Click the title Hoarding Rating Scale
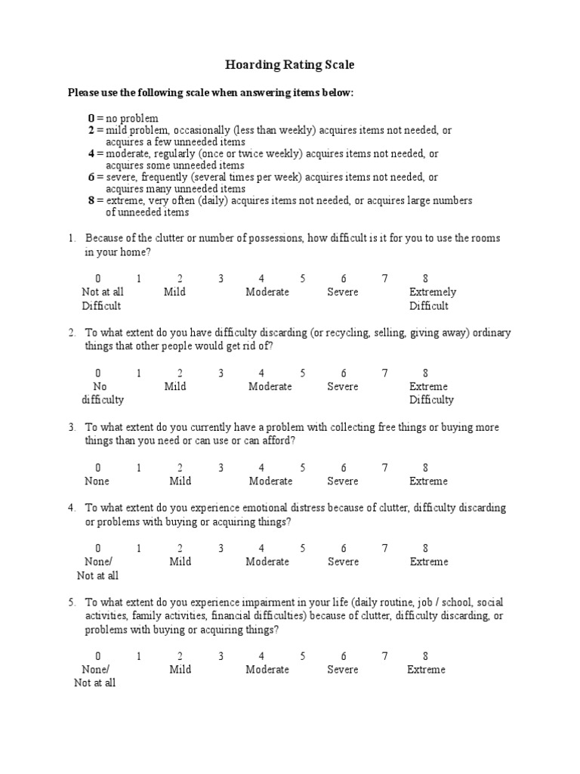(x=290, y=66)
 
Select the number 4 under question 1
(x=261, y=279)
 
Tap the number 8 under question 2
(x=426, y=373)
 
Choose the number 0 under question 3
(x=97, y=468)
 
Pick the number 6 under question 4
(x=344, y=548)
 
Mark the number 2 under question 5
(x=180, y=656)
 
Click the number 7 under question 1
(x=384, y=279)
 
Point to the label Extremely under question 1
(x=432, y=293)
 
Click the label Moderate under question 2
(x=270, y=387)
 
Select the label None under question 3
(x=97, y=481)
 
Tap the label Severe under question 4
(x=343, y=562)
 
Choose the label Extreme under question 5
(x=426, y=670)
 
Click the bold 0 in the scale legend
(x=91, y=119)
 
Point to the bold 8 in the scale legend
(x=91, y=200)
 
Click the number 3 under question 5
(x=221, y=656)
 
